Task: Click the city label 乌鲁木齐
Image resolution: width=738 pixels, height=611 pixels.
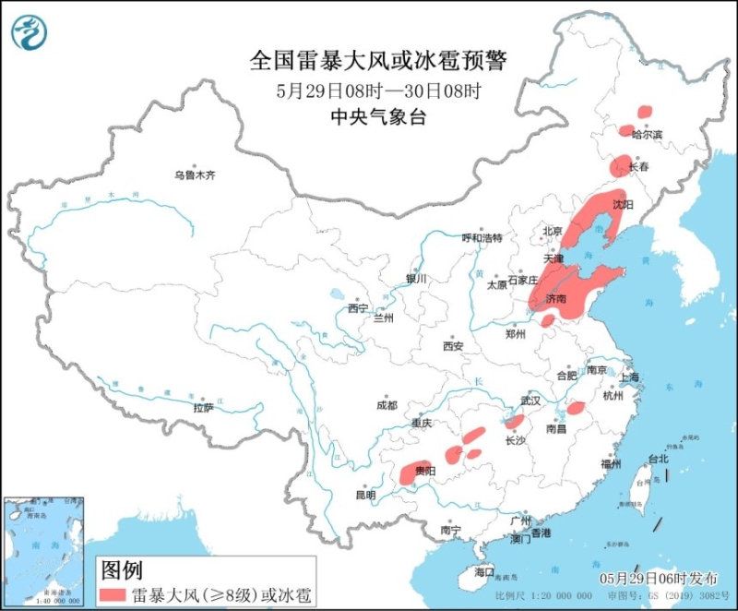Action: tap(195, 174)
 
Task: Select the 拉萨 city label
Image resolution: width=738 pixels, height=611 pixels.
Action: tap(203, 407)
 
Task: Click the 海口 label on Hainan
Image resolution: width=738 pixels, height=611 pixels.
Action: tap(484, 571)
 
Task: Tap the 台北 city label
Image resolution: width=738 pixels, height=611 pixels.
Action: tap(657, 459)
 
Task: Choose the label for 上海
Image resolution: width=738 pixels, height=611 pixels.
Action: tap(630, 377)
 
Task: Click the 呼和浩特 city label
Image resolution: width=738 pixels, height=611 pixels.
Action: tap(482, 238)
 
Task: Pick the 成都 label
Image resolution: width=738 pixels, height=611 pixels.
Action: tap(387, 405)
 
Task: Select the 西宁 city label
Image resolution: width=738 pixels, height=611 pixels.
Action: tap(358, 307)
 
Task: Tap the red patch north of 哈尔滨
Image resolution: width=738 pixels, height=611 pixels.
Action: tap(643, 111)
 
